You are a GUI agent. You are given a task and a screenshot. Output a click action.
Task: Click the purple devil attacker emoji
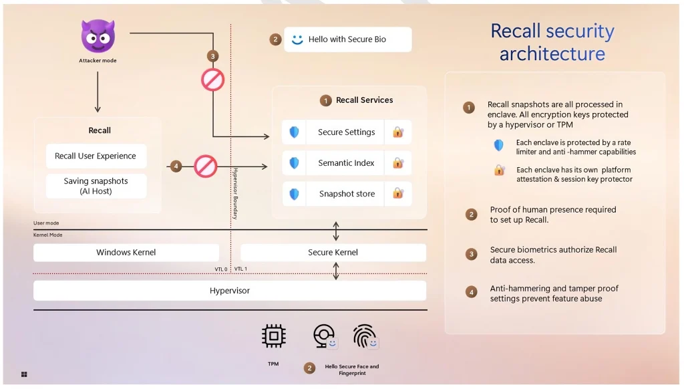[98, 36]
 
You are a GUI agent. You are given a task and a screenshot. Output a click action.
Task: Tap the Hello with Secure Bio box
[347, 39]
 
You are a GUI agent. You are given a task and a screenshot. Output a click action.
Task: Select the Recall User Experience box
[96, 156]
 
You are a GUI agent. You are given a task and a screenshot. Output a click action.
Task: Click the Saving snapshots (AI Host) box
[96, 186]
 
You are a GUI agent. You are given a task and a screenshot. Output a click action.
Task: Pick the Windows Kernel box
[126, 253]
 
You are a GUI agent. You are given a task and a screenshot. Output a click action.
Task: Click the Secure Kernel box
[333, 253]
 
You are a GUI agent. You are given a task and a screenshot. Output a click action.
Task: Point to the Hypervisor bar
[230, 291]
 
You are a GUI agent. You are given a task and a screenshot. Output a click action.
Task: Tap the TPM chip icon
[273, 336]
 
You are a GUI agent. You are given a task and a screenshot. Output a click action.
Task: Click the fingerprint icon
[365, 336]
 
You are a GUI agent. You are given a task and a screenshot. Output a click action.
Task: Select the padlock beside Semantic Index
[398, 163]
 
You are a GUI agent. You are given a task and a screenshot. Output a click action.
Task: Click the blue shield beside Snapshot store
[294, 194]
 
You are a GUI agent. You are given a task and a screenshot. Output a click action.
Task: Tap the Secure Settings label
[346, 132]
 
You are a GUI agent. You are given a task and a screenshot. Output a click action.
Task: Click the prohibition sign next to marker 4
[206, 166]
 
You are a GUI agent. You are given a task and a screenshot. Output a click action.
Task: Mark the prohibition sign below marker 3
[213, 80]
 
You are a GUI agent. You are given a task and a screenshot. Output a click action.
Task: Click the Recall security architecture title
[552, 42]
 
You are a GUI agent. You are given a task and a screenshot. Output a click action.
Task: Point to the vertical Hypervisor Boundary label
[235, 193]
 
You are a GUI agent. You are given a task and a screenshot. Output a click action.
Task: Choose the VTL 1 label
[240, 269]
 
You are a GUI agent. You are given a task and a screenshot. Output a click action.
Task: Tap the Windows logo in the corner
[24, 374]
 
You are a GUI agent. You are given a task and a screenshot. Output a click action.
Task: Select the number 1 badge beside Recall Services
[325, 100]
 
